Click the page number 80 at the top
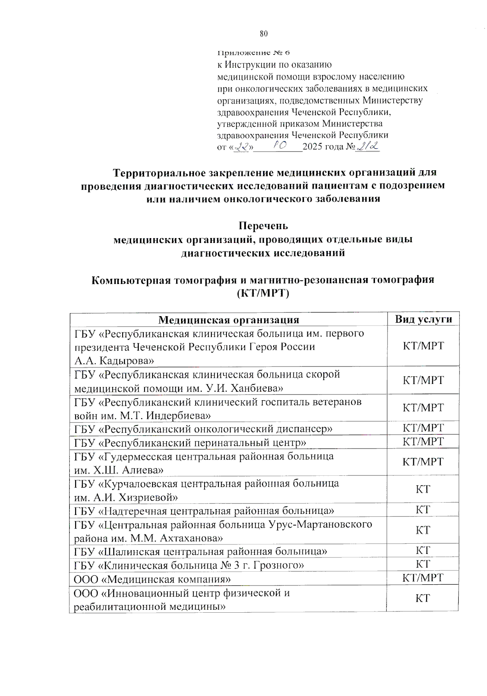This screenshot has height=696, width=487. pos(264,34)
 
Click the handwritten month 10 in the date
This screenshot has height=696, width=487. pos(280,145)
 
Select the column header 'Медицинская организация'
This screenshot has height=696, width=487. pos(228,320)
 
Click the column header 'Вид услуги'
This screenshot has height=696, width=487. pos(423,319)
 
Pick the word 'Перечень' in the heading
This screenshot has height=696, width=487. pos(263,225)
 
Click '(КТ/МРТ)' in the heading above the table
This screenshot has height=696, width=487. pos(263,293)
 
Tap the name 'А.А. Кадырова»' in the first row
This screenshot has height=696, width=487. pos(114,360)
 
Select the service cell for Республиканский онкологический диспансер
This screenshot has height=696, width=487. pos(423,428)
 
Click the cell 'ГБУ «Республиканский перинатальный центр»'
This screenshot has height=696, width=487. pos(190,442)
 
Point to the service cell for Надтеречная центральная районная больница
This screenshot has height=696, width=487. pos(423,510)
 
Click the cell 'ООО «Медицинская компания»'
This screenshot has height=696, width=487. pos(152,579)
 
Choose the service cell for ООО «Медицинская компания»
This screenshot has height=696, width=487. pos(423,578)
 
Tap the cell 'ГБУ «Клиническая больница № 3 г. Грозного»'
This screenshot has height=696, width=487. pos(189,565)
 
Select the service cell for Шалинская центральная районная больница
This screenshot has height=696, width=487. pos(423,551)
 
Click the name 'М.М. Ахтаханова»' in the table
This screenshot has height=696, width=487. pos(177,538)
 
